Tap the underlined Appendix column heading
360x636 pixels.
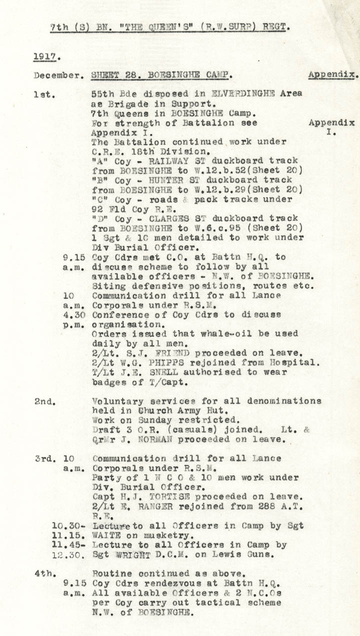332,75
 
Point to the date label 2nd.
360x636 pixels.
45,401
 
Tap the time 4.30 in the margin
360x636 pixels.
72,315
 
